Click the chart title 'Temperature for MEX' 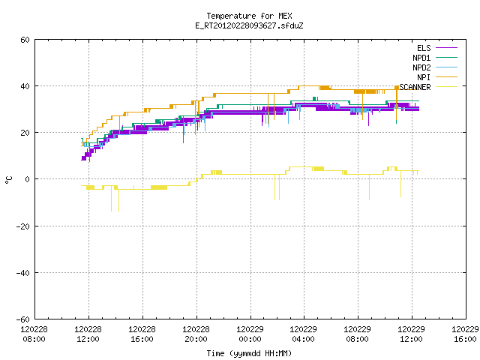pyautogui.click(x=249, y=16)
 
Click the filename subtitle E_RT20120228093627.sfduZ pyautogui.click(x=249, y=25)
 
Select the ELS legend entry pyautogui.click(x=436, y=48)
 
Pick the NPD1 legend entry pyautogui.click(x=435, y=58)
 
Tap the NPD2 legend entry pyautogui.click(x=435, y=67)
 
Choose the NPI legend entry pyautogui.click(x=436, y=77)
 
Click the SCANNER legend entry pyautogui.click(x=428, y=87)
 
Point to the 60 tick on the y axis pyautogui.click(x=25, y=40)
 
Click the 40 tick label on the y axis pyautogui.click(x=25, y=86)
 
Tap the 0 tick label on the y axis pyautogui.click(x=28, y=179)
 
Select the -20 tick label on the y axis pyautogui.click(x=23, y=226)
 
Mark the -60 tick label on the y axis pyautogui.click(x=23, y=319)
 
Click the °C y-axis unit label pyautogui.click(x=8, y=180)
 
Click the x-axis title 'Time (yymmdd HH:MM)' pyautogui.click(x=249, y=353)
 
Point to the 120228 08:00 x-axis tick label pyautogui.click(x=34, y=334)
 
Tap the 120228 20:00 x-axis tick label pyautogui.click(x=196, y=334)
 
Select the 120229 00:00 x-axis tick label pyautogui.click(x=250, y=334)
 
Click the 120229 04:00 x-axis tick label pyautogui.click(x=303, y=334)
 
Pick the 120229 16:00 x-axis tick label pyautogui.click(x=465, y=334)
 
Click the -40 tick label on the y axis pyautogui.click(x=23, y=273)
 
